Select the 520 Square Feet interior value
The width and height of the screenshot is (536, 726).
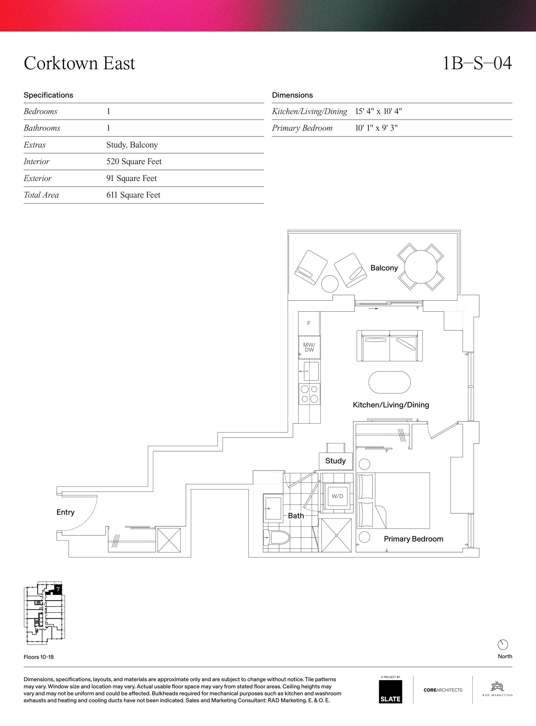click(x=134, y=161)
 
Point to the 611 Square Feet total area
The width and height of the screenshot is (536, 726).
click(x=133, y=195)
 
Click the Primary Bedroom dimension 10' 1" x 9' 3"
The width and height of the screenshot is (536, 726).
click(x=377, y=128)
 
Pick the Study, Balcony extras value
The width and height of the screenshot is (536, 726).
click(x=132, y=145)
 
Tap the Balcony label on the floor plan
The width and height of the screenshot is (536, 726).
click(x=384, y=268)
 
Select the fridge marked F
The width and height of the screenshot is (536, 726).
click(x=309, y=323)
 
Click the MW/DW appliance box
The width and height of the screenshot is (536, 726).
click(x=309, y=347)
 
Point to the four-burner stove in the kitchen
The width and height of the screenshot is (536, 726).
click(x=309, y=394)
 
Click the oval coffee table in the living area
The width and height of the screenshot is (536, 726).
click(x=389, y=382)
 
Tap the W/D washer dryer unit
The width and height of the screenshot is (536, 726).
click(x=337, y=496)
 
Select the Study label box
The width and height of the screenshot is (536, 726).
click(x=335, y=461)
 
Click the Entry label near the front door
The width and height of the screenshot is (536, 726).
click(x=65, y=512)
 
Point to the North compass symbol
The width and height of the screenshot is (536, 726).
click(x=503, y=645)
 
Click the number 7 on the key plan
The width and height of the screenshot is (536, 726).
click(x=58, y=588)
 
